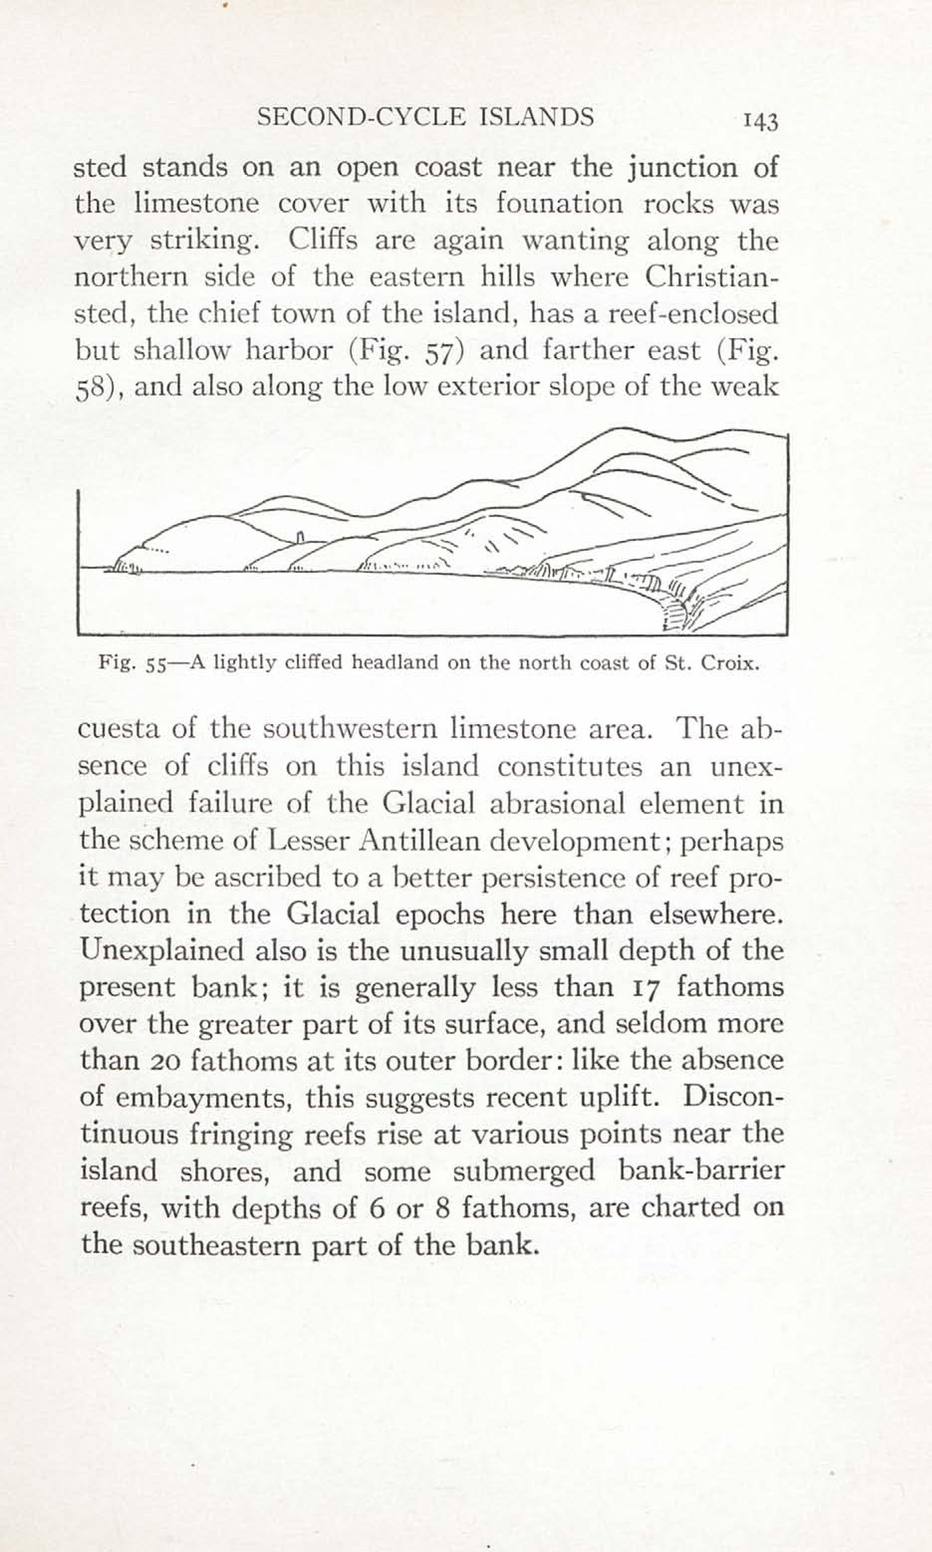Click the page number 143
click(761, 121)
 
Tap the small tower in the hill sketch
click(300, 537)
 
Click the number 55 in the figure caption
click(154, 665)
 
